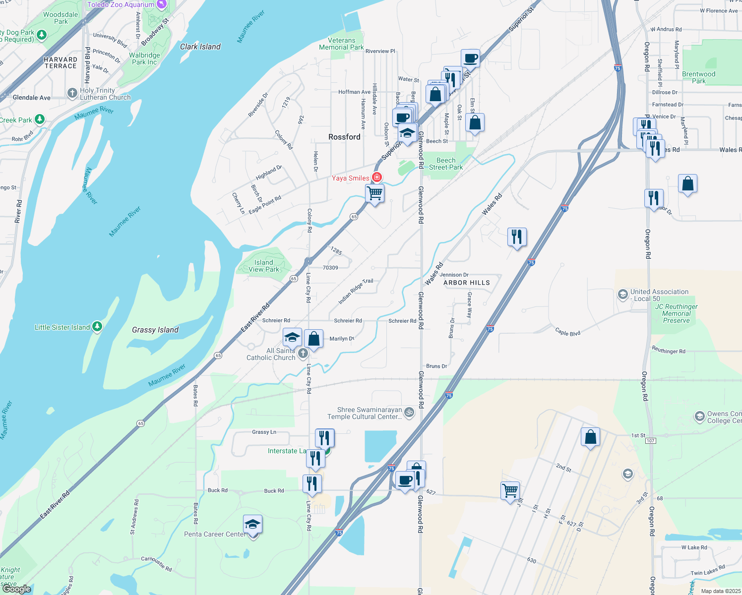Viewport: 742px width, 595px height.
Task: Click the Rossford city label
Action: pos(344,137)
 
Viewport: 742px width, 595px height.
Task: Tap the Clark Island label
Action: pos(200,47)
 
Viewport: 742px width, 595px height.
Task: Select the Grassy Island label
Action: pos(155,330)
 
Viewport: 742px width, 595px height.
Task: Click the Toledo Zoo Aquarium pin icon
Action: pos(161,4)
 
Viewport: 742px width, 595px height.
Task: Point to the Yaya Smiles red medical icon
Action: pos(377,178)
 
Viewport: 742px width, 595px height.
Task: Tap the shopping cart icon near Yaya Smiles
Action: pos(375,193)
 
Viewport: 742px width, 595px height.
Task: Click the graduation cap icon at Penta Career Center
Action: pos(252,524)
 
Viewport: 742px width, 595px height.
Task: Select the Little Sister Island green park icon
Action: pos(97,326)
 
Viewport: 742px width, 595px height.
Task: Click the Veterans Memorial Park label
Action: pos(341,44)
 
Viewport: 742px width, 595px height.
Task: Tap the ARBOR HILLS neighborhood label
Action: pos(466,283)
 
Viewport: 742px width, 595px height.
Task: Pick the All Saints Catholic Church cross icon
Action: pos(303,353)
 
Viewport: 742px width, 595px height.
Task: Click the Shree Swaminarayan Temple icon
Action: pos(409,412)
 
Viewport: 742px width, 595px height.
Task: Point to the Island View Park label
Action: pos(264,266)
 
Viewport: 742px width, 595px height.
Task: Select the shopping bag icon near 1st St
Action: pos(590,437)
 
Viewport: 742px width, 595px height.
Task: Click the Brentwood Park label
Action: pos(698,77)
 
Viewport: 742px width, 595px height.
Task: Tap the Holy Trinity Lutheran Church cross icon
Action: pos(72,93)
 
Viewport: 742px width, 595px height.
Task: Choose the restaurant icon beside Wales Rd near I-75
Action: pos(517,237)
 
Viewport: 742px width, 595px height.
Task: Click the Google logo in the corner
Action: pos(17,589)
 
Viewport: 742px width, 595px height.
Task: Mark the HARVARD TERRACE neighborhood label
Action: pos(61,62)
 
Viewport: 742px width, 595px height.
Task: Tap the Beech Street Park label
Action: pos(445,164)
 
